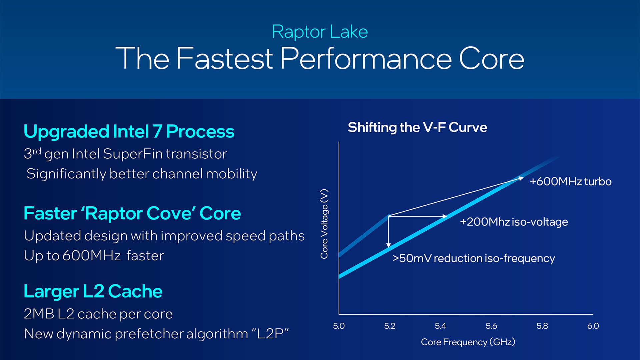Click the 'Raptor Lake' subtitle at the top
tap(320, 32)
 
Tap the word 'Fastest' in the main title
tap(224, 59)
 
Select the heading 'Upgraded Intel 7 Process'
tap(129, 131)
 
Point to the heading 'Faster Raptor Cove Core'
tap(132, 213)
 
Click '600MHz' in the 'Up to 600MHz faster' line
tap(91, 256)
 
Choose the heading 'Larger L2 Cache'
tap(93, 291)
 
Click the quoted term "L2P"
tap(270, 334)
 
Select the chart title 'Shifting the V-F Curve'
tap(417, 127)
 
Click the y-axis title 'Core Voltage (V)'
tap(324, 224)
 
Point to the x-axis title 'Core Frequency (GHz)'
tap(468, 342)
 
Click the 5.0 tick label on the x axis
tap(339, 326)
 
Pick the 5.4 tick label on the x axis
tap(440, 326)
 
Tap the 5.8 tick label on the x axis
tap(542, 326)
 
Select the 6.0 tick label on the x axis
tap(593, 326)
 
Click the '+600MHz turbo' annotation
tap(570, 182)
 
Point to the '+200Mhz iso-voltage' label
tap(514, 222)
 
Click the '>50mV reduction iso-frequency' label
tap(474, 258)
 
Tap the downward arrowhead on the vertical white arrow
tap(388, 245)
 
